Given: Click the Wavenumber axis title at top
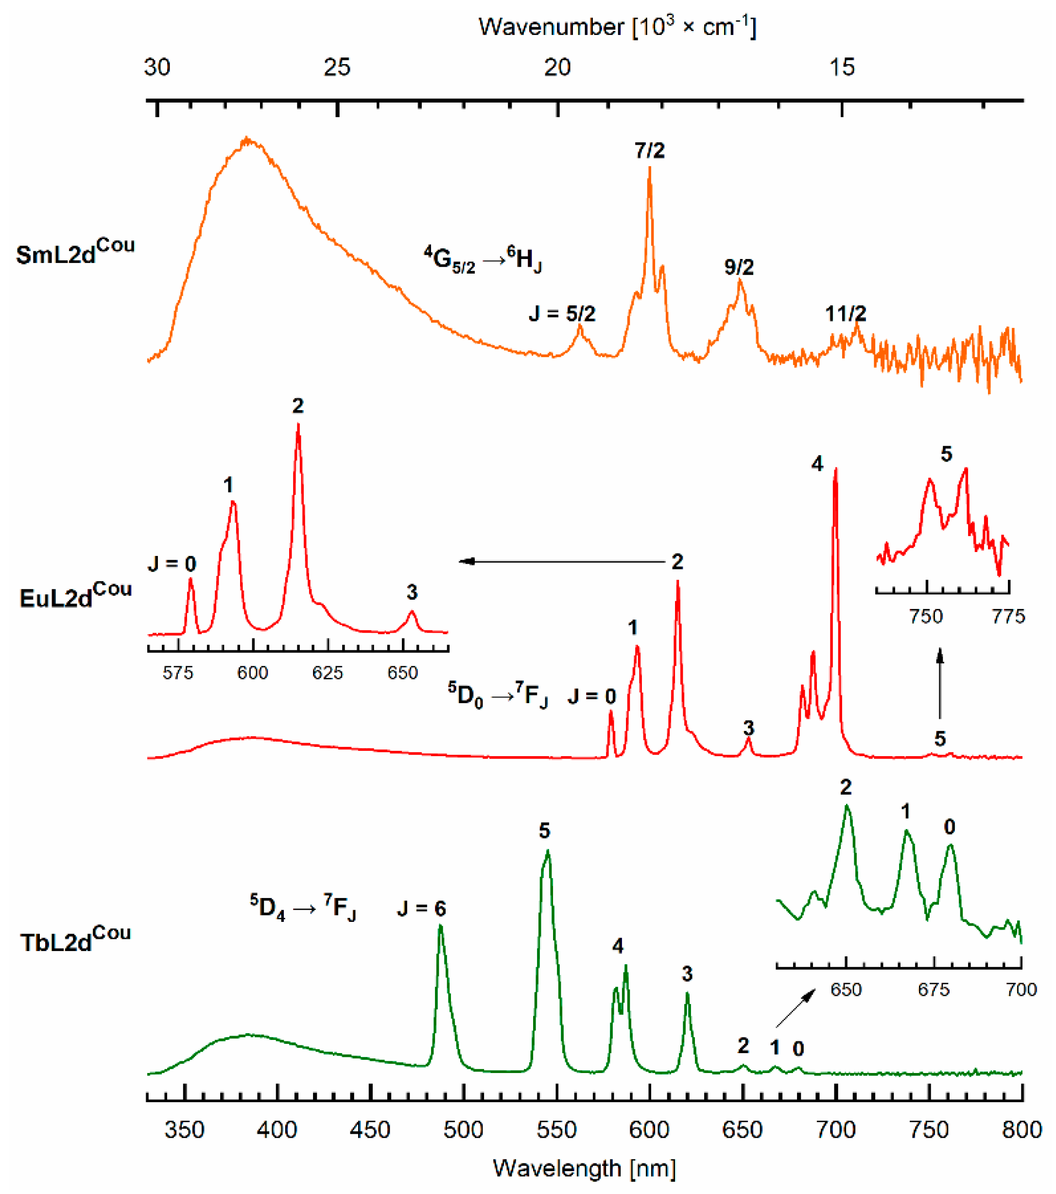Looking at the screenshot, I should tap(617, 27).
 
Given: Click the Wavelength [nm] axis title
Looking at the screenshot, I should tap(584, 1168).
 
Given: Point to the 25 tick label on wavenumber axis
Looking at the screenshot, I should tap(337, 68).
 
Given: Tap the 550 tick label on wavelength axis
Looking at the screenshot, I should tap(556, 1130).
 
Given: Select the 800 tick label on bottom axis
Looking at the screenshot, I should tap(1021, 1130).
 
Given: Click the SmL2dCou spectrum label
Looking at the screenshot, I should tap(75, 252).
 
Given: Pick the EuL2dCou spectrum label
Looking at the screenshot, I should tap(75, 595).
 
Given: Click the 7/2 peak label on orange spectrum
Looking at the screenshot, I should tap(649, 151).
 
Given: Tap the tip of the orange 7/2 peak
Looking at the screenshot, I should tap(649, 168).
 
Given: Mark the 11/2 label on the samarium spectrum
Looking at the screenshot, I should tap(845, 314).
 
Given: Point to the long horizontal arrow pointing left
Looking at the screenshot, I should tap(561, 561).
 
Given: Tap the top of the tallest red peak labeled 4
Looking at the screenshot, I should tap(835, 469).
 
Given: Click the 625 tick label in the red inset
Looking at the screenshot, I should tap(327, 673).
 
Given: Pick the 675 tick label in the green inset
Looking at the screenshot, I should tap(934, 989).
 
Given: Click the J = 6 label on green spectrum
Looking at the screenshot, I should tap(421, 908).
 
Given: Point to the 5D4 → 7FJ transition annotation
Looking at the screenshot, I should tap(303, 907).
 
